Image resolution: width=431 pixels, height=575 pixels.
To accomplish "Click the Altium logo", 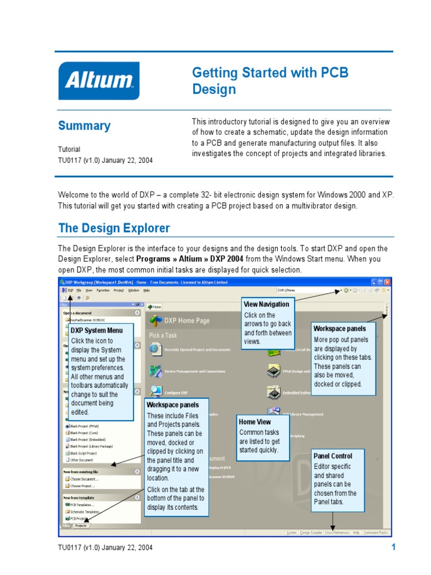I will [99, 80].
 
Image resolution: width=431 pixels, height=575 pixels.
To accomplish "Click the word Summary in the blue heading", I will [84, 126].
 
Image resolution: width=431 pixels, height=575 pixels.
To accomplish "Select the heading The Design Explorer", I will [114, 229].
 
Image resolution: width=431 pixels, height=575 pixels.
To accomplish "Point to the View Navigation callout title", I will [267, 304].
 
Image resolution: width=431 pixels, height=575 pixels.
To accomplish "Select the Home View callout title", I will [255, 422].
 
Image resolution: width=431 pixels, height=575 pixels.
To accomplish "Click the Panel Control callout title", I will [333, 456].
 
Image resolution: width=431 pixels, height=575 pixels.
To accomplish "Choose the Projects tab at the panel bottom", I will [81, 526].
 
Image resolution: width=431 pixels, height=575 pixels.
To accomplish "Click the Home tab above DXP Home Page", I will [154, 307].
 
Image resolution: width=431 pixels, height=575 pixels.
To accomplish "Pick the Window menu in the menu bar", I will [134, 290].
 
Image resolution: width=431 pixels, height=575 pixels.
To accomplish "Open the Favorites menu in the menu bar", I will [103, 290].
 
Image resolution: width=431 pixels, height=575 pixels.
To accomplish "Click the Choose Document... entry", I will [84, 479].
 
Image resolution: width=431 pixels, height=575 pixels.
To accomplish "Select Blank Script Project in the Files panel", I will [82, 453].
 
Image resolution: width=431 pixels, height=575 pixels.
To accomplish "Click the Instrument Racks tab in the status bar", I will [376, 532].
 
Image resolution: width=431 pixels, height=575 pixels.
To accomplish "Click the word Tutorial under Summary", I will [69, 149].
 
